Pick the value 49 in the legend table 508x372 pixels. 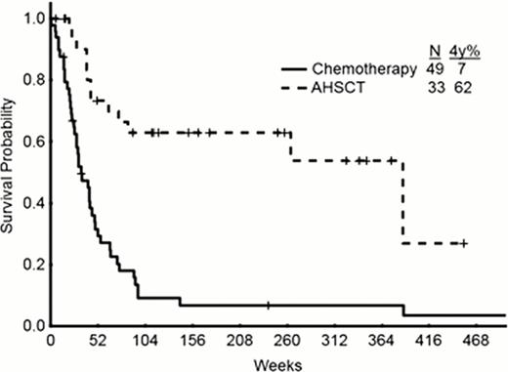(435, 69)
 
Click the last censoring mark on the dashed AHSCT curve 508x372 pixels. (465, 243)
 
